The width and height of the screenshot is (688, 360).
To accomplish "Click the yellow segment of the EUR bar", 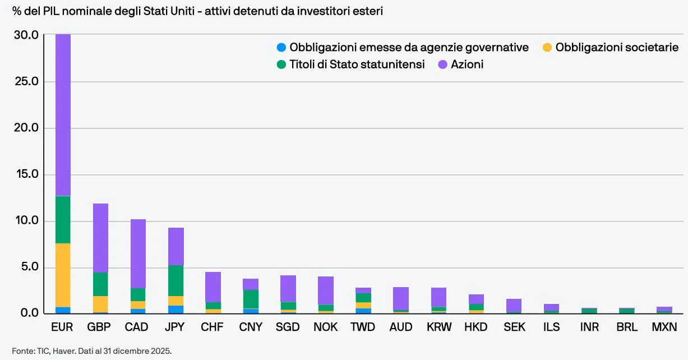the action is click(x=63, y=275).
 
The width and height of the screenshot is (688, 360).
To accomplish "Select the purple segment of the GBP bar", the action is click(x=100, y=238).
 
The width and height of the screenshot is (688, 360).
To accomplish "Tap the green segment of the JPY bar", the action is click(x=176, y=281).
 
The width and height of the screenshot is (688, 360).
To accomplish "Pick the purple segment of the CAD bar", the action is click(x=138, y=253).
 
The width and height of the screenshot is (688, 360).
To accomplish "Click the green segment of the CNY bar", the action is click(x=251, y=299).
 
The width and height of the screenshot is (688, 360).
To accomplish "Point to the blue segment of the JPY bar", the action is click(x=176, y=310).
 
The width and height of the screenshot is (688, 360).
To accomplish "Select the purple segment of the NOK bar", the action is click(x=326, y=290).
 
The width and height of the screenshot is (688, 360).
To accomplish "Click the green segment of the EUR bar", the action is click(x=63, y=220).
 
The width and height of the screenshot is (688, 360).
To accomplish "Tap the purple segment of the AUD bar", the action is click(x=401, y=298).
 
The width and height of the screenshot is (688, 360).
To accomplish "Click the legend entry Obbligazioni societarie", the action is click(x=611, y=47).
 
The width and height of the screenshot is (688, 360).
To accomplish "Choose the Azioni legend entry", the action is click(x=461, y=64).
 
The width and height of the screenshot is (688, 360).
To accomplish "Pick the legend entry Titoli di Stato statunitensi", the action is click(x=351, y=64).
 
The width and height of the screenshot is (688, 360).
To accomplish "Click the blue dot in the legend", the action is click(x=281, y=47).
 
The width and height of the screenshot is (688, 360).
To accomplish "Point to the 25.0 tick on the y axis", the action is click(x=27, y=81).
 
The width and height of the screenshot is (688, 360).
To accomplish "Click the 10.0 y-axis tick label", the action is click(x=27, y=220).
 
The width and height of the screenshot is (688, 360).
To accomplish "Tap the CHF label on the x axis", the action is click(x=212, y=327).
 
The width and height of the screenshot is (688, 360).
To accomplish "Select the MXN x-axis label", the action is click(x=664, y=327).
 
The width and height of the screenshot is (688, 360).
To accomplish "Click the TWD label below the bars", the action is click(x=363, y=327).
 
